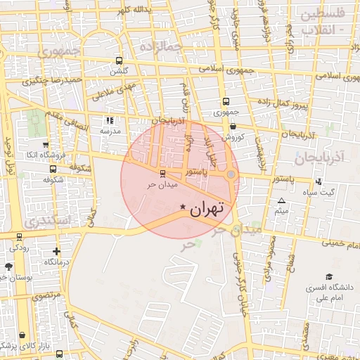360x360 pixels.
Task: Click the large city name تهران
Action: coord(207,207)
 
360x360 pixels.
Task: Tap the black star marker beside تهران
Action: coord(184,207)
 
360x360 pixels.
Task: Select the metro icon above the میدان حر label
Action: coord(163,173)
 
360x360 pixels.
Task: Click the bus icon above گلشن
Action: coord(118,60)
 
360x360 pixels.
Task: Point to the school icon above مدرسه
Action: coord(109,120)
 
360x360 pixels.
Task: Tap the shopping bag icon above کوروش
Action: coord(233,126)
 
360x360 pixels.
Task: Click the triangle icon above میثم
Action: coord(282,201)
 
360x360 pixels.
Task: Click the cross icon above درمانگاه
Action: coord(56,251)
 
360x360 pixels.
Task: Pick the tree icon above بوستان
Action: coord(8,266)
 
